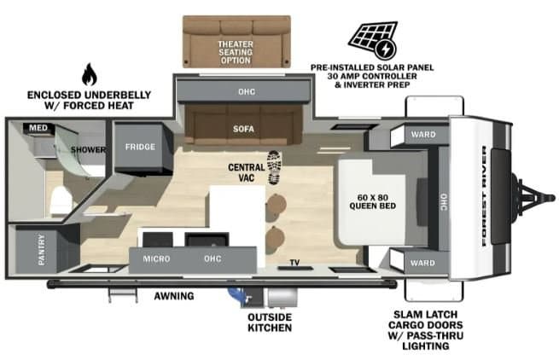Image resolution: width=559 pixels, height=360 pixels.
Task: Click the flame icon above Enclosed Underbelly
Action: (89, 74)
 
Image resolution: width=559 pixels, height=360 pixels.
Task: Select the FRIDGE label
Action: (140, 147)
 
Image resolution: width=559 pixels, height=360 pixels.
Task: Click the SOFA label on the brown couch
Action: (243, 129)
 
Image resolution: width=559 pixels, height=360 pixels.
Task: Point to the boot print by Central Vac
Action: (274, 167)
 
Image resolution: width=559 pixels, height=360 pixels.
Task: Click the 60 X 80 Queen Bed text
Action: (373, 201)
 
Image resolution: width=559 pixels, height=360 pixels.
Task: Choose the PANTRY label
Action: (41, 249)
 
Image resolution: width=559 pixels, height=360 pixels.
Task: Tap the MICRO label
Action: (156, 258)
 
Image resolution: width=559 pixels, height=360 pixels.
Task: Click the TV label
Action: (294, 263)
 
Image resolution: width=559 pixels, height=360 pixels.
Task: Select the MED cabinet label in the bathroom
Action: (38, 128)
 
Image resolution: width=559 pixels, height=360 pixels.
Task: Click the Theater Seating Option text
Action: (236, 52)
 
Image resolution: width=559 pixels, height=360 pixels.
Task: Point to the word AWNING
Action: (174, 296)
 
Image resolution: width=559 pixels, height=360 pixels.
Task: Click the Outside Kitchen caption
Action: (270, 322)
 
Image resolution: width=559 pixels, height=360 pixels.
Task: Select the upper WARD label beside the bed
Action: (423, 135)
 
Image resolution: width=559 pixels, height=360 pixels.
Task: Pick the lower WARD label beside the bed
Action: (422, 263)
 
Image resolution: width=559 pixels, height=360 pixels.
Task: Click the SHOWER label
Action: (88, 149)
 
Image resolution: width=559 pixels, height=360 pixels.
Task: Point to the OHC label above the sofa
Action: (247, 91)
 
